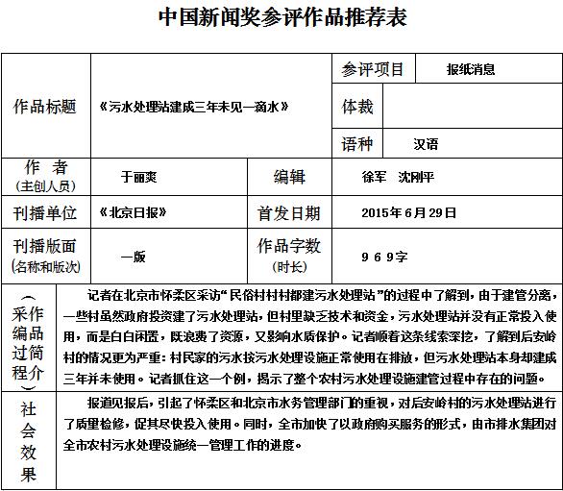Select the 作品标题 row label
(x=45, y=107)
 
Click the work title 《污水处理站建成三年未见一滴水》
(x=193, y=107)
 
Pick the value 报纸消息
(x=471, y=69)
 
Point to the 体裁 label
(x=357, y=107)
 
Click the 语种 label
(x=357, y=144)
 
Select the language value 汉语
(x=426, y=144)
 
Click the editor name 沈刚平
(x=416, y=178)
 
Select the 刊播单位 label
(x=45, y=212)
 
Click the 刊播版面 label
(x=45, y=247)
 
